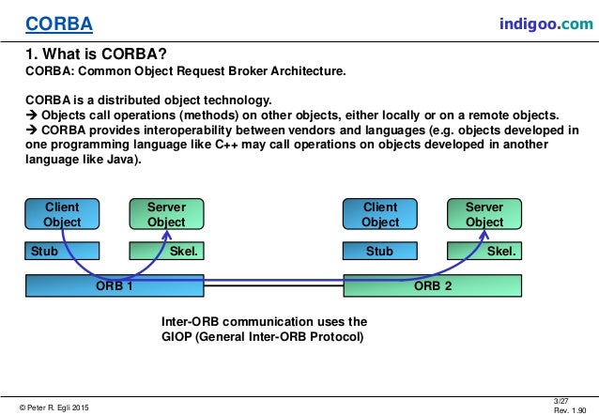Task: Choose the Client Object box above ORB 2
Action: tap(380, 214)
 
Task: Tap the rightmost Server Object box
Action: tap(484, 214)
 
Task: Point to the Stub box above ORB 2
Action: tap(380, 252)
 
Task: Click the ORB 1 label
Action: tap(115, 285)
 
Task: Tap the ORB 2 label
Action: tap(434, 285)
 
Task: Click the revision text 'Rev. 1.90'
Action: tap(572, 409)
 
